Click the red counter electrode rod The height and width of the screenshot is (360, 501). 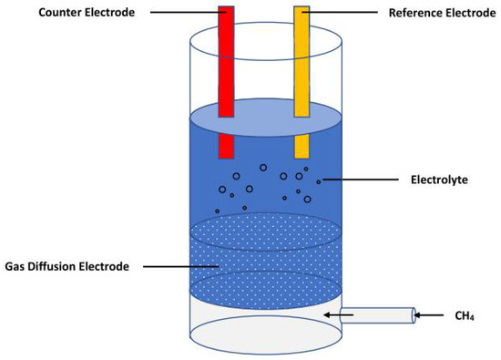pyautogui.click(x=226, y=64)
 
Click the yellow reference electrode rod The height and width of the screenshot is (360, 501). pyautogui.click(x=302, y=64)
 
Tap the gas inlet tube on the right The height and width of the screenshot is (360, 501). pyautogui.click(x=377, y=315)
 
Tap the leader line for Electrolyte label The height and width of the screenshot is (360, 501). pyautogui.click(x=363, y=180)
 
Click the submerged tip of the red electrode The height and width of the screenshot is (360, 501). pyautogui.click(x=226, y=147)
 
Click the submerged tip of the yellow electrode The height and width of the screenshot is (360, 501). pyautogui.click(x=302, y=147)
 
